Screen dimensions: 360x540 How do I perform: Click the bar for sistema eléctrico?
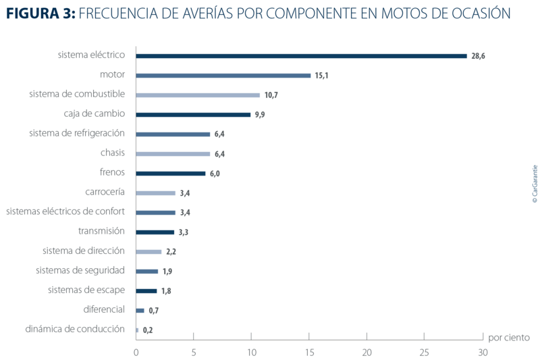tap(302, 55)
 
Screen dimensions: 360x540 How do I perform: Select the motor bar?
tap(223, 75)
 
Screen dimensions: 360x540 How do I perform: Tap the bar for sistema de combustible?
tap(198, 95)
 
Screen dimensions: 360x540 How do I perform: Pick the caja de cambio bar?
tap(194, 114)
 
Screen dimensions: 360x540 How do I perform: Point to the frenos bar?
tap(171, 174)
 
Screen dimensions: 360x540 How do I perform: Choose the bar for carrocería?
tap(156, 193)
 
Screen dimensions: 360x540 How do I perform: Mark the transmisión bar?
tap(155, 232)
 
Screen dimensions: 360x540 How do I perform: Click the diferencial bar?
tap(140, 311)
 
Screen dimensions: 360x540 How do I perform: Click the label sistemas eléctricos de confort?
tap(65, 212)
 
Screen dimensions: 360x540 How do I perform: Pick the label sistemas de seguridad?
tap(80, 271)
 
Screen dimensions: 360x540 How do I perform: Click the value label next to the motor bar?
tap(321, 76)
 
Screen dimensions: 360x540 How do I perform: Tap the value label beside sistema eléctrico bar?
tap(478, 56)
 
